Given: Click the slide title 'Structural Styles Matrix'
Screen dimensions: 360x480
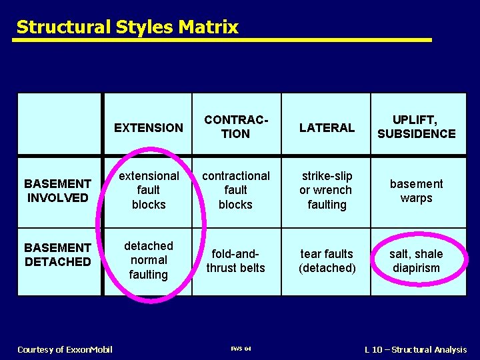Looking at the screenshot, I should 127,27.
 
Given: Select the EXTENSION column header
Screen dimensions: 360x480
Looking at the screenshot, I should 148,127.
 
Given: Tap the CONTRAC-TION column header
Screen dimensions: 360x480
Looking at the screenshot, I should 236,127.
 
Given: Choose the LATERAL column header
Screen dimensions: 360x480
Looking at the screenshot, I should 327,127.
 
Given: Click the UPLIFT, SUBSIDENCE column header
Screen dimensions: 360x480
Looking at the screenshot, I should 416,127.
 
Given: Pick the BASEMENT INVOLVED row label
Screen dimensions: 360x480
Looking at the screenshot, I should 58,191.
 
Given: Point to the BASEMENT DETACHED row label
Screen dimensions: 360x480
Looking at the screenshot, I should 58,255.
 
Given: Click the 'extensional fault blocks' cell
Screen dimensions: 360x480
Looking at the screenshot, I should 148,191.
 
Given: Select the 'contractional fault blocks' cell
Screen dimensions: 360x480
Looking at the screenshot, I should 236,191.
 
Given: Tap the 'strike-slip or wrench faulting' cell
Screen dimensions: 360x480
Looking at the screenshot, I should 327,191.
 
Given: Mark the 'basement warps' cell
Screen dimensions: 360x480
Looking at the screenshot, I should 416,191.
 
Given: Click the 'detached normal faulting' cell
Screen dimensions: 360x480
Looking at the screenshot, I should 148,260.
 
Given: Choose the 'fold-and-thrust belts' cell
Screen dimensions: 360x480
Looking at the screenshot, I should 236,261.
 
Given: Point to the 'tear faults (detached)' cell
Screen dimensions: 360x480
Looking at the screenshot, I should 327,261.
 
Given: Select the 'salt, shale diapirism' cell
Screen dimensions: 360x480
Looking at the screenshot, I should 416,261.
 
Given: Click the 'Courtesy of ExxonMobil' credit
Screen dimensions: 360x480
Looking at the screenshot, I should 65,349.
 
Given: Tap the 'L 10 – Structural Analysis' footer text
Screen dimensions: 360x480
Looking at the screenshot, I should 415,349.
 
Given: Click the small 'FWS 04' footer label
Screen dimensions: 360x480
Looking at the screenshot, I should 241,349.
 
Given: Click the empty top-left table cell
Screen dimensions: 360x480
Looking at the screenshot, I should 59,123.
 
